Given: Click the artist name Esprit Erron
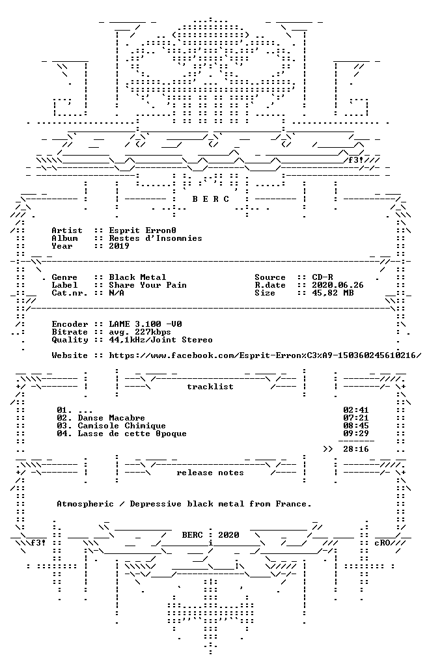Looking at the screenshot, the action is [143, 230].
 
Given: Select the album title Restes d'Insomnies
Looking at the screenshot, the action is [156, 238].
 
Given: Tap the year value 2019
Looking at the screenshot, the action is [119, 246].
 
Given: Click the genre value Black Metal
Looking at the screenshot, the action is [137, 277].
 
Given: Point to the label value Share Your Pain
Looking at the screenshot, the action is [148, 285].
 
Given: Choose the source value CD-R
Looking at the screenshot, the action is [322, 277].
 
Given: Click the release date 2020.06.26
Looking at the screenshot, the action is [338, 285].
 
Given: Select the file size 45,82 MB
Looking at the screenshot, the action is [333, 293].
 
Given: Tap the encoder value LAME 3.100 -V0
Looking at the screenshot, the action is [145, 324].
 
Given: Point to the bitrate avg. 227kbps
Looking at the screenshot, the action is [140, 332].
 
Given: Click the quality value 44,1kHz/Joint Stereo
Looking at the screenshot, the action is [161, 340].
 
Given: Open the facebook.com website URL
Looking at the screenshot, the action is [265, 355].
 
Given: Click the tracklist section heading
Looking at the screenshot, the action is [210, 387].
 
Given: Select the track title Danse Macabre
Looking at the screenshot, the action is [111, 418].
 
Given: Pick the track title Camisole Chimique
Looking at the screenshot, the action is [122, 426].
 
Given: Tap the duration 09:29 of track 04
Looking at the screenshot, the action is [356, 434].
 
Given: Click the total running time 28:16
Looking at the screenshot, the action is [356, 449].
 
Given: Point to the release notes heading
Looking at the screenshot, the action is [210, 473].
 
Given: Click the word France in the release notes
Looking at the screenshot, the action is [292, 504].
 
